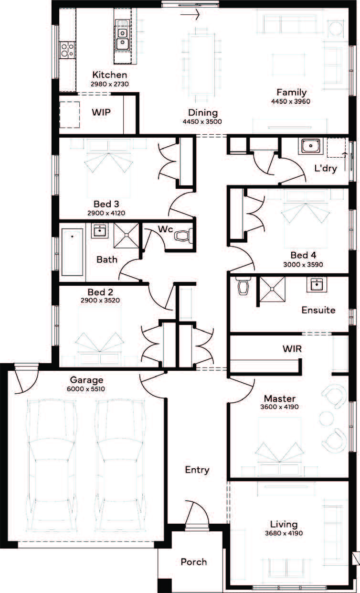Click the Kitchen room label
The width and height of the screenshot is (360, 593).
pos(109,75)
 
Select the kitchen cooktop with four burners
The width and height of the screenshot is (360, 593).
pos(67,50)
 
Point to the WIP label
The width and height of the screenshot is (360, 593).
pos(101,112)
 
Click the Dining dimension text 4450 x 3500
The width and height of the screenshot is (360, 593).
pos(202,121)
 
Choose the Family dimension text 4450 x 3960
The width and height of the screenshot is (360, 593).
pos(291,101)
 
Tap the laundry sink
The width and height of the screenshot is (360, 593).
pos(311,146)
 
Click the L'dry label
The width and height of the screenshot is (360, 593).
pos(326,168)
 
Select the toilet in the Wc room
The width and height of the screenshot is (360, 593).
pos(183,236)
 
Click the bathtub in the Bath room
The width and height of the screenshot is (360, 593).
pos(72,252)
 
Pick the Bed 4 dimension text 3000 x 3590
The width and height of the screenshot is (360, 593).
pos(303,264)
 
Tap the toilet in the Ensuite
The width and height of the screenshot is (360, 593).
pos(243,286)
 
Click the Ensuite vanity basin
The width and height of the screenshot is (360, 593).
pos(317,284)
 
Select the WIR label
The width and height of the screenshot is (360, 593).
pos(292,349)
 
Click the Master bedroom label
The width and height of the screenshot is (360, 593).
pos(280,399)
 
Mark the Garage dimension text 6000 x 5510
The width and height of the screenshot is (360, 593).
pos(86,389)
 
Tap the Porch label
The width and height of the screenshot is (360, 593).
pos(194,562)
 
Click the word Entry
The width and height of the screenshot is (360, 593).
pos(197,470)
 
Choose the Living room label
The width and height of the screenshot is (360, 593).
pos(284,525)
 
